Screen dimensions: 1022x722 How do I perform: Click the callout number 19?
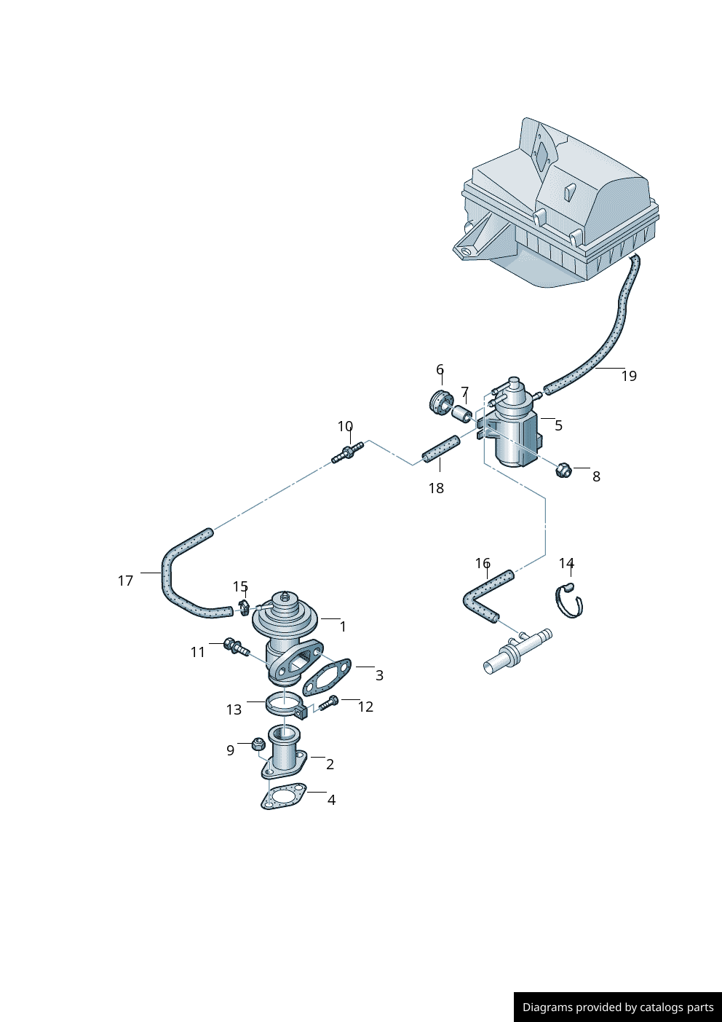[629, 376]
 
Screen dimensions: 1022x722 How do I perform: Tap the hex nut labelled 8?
[563, 470]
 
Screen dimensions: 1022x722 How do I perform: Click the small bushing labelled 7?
[461, 415]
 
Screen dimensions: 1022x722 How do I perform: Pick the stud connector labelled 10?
[347, 452]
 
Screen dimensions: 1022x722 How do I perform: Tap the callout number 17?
[125, 581]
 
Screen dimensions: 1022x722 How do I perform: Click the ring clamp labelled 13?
[284, 704]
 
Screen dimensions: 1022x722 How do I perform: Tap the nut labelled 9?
[257, 744]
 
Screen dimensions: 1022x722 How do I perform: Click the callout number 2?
[330, 764]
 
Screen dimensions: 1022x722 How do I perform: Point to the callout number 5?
[558, 425]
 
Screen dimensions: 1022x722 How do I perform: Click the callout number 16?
[483, 563]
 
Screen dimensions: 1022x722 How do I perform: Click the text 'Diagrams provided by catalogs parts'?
[618, 1007]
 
